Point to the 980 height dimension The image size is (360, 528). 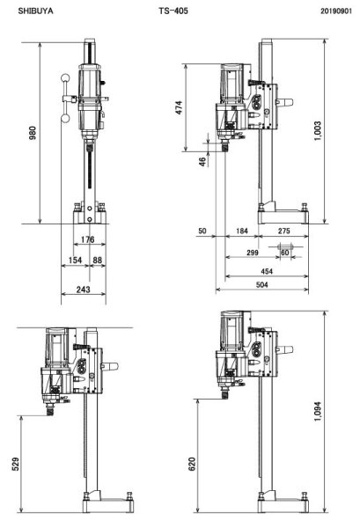[33, 135]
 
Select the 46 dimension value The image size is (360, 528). [203, 161]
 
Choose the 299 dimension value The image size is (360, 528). [253, 252]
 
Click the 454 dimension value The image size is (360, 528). [265, 272]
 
